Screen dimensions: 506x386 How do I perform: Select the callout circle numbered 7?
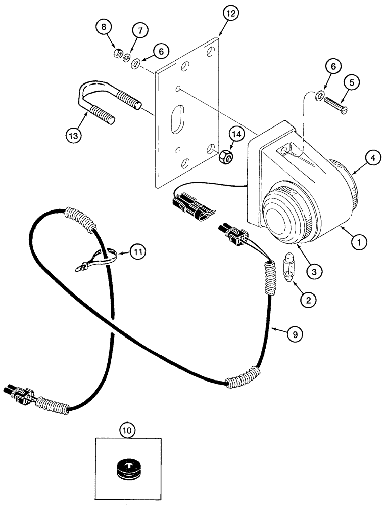point(140,30)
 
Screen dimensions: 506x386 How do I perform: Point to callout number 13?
point(74,135)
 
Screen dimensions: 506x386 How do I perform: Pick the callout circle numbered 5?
point(351,81)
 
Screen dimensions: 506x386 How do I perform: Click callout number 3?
point(314,272)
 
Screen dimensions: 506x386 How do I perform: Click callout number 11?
point(138,250)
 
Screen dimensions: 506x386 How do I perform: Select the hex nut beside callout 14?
point(226,157)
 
